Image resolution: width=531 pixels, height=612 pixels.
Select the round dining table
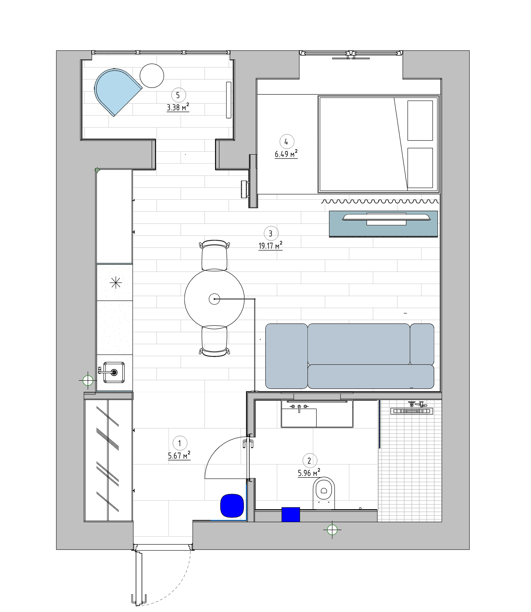point(214,299)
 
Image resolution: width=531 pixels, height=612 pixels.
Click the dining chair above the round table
point(214,255)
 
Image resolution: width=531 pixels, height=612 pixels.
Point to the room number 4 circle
point(286,142)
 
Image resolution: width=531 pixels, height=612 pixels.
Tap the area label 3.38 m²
point(178,107)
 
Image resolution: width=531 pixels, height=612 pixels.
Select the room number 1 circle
point(179,443)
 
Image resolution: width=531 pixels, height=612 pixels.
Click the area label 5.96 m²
point(309,473)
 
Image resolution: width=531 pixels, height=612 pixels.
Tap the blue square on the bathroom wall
point(291,514)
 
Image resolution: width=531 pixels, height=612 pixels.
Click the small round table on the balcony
point(152,76)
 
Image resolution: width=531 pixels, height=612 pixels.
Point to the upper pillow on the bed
point(420,120)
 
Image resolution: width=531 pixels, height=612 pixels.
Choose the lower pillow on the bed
point(420,168)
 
